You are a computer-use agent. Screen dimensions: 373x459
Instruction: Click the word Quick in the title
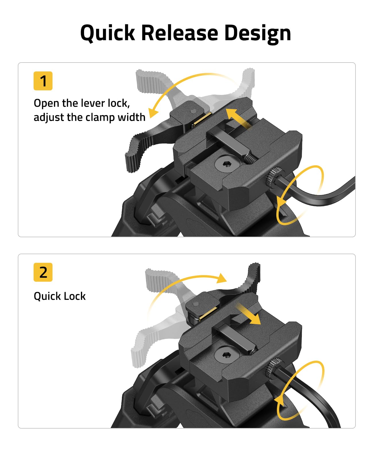pos(108,33)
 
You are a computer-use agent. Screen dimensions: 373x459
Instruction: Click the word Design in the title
pos(257,34)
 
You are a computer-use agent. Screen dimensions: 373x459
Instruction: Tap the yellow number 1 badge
pos(43,81)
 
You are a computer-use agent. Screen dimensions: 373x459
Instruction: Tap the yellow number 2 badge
pos(43,272)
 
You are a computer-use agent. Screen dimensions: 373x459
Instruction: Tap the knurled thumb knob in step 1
pos(272,177)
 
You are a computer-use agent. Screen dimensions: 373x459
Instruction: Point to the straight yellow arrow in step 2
pos(249,314)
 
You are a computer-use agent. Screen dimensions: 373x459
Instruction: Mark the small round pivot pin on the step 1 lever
pos(194,111)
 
